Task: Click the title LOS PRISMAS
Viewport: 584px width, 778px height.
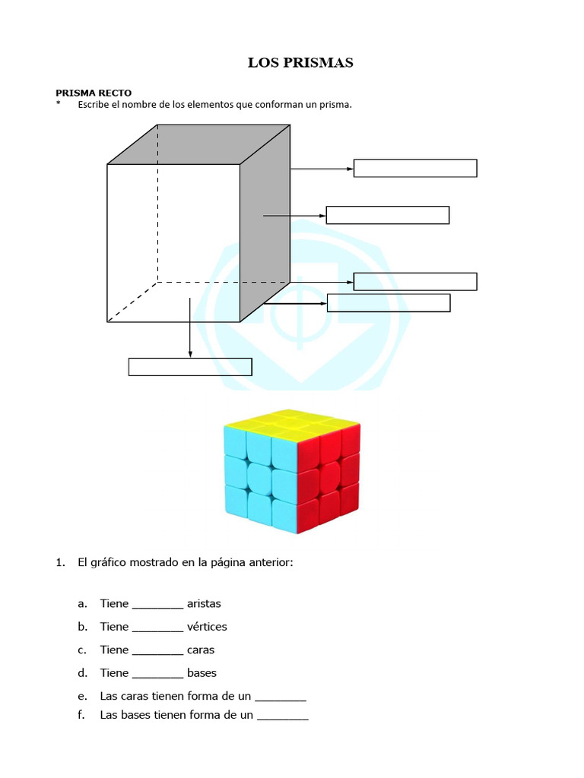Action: [x=300, y=63]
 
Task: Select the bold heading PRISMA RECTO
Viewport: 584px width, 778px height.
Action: [x=94, y=93]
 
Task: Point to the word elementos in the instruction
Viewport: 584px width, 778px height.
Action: [x=208, y=105]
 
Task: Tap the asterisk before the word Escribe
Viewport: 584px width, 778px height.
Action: [x=58, y=105]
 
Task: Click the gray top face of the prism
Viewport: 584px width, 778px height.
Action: [x=199, y=144]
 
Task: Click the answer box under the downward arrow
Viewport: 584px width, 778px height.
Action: [x=190, y=367]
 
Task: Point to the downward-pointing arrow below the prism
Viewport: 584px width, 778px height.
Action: [x=190, y=327]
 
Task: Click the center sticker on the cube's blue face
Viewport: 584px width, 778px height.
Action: [x=259, y=479]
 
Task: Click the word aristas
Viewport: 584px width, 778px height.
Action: [x=204, y=604]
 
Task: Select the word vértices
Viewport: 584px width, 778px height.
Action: [x=207, y=627]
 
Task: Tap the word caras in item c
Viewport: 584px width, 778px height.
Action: [x=201, y=650]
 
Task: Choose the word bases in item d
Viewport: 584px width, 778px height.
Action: [x=202, y=673]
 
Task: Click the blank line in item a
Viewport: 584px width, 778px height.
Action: [x=157, y=606]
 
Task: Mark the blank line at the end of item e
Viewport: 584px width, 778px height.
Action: [x=281, y=698]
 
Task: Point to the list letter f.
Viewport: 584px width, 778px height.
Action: [x=81, y=715]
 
